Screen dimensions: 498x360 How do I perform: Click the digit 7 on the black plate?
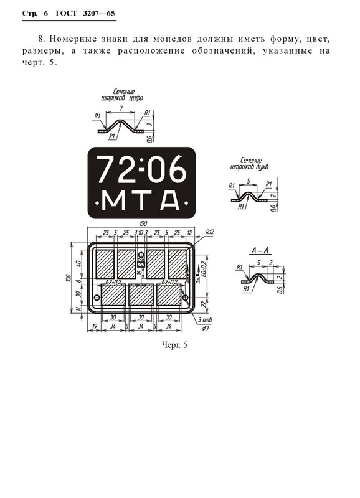[110, 169]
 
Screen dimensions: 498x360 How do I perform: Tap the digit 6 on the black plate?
[175, 169]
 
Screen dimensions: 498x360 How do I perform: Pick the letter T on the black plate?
[141, 200]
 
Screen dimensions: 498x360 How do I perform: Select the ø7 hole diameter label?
[206, 328]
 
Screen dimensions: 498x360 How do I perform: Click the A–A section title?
[259, 250]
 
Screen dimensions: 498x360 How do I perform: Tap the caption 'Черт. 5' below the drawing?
[174, 344]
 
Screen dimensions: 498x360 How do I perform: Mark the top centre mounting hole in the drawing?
[141, 264]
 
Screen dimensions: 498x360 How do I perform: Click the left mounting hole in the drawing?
[97, 298]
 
